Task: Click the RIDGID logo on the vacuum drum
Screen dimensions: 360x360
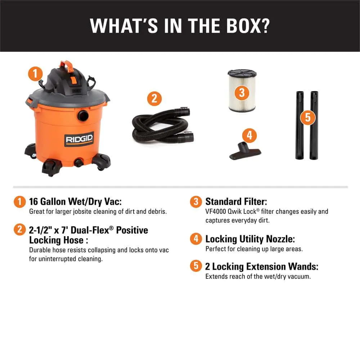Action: pyautogui.click(x=79, y=139)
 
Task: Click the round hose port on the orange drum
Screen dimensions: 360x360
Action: pyautogui.click(x=83, y=115)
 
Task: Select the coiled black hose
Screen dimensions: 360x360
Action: pyautogui.click(x=163, y=126)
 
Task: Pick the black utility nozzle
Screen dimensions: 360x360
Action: pyautogui.click(x=245, y=151)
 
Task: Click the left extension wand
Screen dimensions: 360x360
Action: pyautogui.click(x=300, y=125)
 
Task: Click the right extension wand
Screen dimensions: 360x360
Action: pyautogui.click(x=314, y=125)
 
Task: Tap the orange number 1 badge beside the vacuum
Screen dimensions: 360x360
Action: pyautogui.click(x=35, y=74)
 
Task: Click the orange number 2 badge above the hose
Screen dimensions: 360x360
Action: pyautogui.click(x=154, y=99)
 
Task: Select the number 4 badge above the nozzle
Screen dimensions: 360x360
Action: pyautogui.click(x=249, y=135)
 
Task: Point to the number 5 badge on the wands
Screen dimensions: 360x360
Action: pyautogui.click(x=308, y=117)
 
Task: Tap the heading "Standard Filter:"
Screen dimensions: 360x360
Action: pyautogui.click(x=236, y=202)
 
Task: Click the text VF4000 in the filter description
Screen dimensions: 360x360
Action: pyautogui.click(x=216, y=211)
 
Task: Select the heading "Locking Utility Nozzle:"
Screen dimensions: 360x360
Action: pyautogui.click(x=250, y=239)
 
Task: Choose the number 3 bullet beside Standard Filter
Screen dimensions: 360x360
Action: pyautogui.click(x=196, y=202)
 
